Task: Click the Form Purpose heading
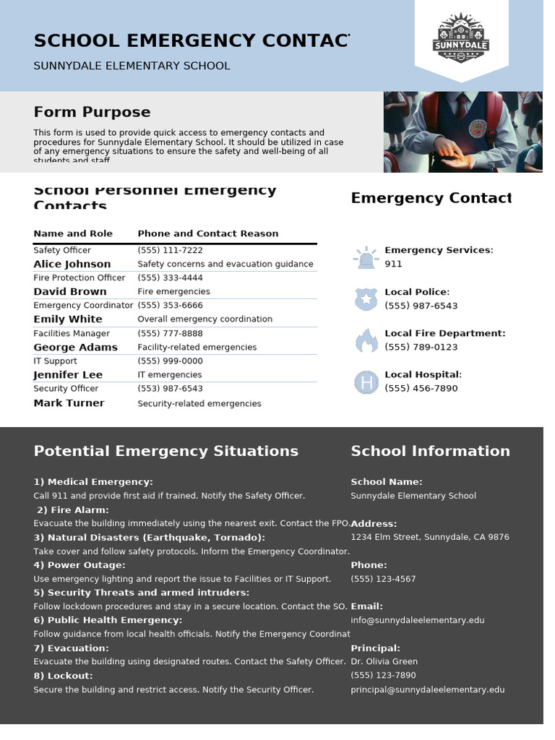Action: pos(92,112)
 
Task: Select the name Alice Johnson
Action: pos(72,264)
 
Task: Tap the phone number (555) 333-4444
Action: pos(170,277)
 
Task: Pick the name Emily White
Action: pos(68,319)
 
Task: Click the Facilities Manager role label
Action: pos(72,333)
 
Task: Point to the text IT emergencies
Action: pos(170,375)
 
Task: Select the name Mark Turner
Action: pos(69,403)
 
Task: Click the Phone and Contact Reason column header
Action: pos(207,233)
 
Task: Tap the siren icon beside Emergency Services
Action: pos(366,257)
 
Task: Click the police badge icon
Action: pos(366,298)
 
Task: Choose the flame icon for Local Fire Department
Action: pos(366,340)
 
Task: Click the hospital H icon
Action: pos(366,382)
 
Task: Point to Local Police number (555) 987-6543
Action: pos(421,306)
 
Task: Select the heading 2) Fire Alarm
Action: pos(72,510)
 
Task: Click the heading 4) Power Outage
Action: pos(79,565)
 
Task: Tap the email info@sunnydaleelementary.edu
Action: pos(418,620)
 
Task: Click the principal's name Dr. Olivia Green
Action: pos(384,661)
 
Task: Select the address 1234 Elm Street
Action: pos(429,537)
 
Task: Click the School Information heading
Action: pos(430,451)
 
